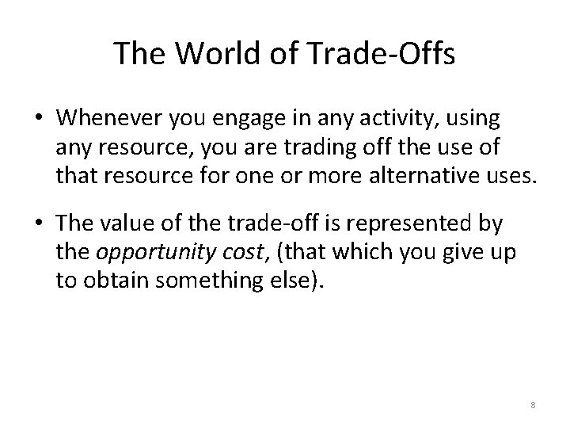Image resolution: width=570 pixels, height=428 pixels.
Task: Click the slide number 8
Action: pyautogui.click(x=533, y=405)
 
